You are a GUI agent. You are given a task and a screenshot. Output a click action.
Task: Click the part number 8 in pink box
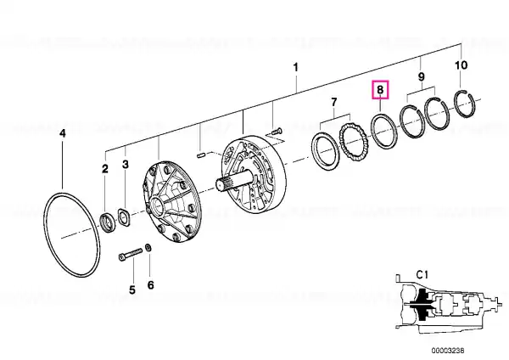(x=380, y=89)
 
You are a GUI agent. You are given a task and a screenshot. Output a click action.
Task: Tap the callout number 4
(x=63, y=133)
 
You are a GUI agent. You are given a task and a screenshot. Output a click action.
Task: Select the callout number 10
(x=461, y=65)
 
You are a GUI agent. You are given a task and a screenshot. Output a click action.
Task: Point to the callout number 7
(x=334, y=103)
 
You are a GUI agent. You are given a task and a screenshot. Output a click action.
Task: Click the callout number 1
(x=295, y=68)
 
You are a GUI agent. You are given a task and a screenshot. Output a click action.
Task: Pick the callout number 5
(x=131, y=290)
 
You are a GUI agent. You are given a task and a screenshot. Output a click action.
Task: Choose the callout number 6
(x=151, y=285)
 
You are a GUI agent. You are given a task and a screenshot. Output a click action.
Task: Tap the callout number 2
(x=105, y=169)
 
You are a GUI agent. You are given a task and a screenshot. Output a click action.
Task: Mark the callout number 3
(x=126, y=164)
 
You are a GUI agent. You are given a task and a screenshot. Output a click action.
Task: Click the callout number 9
(x=421, y=77)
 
